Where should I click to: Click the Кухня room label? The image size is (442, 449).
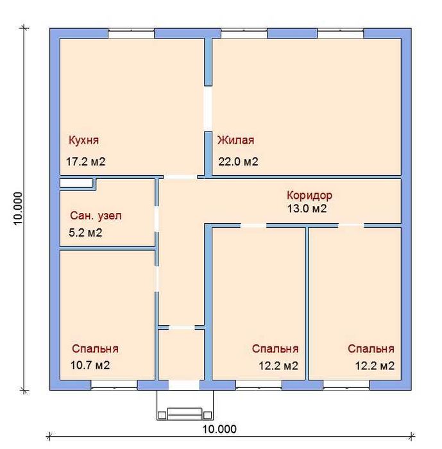click(x=83, y=140)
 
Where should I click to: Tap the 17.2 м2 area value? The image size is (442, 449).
click(x=86, y=162)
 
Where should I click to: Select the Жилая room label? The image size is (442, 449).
click(x=235, y=140)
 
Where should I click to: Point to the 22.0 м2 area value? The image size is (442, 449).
click(x=238, y=162)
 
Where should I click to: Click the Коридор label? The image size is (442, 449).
click(x=309, y=195)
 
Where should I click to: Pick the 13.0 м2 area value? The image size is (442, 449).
click(x=307, y=208)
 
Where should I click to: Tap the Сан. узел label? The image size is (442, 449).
click(x=96, y=216)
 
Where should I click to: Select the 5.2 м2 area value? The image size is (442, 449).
click(x=85, y=232)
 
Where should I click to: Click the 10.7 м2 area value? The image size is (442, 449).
click(x=90, y=365)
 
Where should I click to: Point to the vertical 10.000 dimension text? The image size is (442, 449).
click(x=18, y=208)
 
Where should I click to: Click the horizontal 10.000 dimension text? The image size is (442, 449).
click(x=219, y=429)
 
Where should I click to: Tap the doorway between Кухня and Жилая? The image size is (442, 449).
click(x=208, y=109)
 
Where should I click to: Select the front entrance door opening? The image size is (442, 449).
click(x=184, y=385)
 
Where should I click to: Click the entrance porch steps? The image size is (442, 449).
click(x=185, y=405)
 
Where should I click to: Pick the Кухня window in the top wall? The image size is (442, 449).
click(x=132, y=33)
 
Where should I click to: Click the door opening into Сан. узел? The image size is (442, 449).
click(x=157, y=219)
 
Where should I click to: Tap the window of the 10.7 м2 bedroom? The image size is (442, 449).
click(x=114, y=385)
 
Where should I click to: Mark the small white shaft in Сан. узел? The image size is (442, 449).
click(x=76, y=183)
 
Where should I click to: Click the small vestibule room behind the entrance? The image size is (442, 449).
click(x=182, y=355)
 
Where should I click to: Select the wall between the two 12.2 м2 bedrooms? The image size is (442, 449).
click(x=307, y=303)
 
